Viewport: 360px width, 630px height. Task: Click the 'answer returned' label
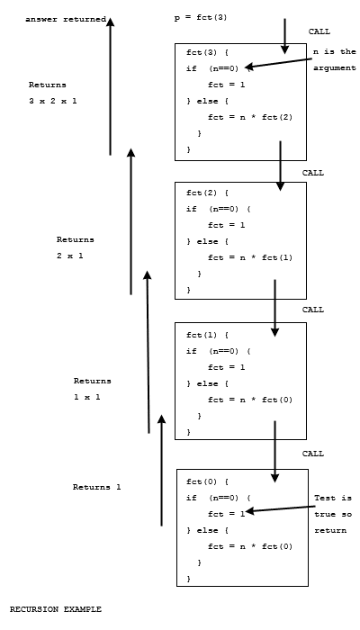coord(66,18)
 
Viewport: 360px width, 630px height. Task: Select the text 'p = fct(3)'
coord(200,18)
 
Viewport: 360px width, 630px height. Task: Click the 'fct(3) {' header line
coord(207,53)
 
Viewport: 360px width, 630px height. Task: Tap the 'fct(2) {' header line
coord(207,193)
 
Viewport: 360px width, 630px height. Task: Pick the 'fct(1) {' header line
coord(207,335)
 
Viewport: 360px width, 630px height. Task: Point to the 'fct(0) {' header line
coord(207,481)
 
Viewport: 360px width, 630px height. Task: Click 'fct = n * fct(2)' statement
coord(250,117)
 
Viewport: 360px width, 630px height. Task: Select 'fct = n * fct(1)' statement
coord(250,256)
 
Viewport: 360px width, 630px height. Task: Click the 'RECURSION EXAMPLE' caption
coord(56,609)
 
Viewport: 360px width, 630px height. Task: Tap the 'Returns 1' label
coord(96,487)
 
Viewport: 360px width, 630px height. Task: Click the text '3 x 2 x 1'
coord(53,101)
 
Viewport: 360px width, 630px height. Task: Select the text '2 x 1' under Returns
coord(70,256)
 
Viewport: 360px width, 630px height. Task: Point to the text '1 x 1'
coord(87,396)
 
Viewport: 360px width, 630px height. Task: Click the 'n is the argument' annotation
coord(335,59)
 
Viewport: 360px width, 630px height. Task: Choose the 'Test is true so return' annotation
coord(332,514)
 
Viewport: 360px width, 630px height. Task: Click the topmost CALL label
coord(319,31)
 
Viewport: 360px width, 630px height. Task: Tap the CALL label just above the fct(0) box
coord(312,454)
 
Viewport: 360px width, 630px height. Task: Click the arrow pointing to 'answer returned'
coord(110,85)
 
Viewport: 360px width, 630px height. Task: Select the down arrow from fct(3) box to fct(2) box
coord(280,164)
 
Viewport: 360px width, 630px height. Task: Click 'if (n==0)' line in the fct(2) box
coord(220,209)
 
